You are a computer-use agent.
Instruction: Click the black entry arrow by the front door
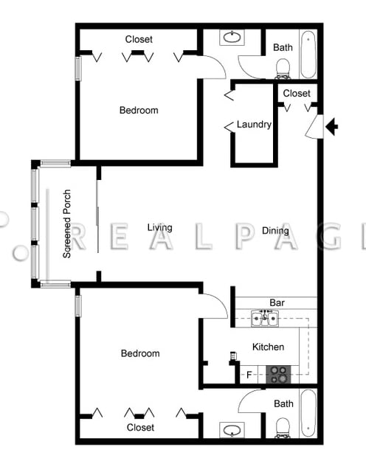331,127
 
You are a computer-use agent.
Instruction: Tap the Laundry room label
254,125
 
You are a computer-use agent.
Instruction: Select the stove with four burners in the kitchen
278,374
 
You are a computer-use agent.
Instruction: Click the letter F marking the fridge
249,375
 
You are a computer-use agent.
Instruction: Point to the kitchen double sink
264,318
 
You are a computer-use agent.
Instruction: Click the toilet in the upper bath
283,69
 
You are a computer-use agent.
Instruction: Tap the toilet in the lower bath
283,428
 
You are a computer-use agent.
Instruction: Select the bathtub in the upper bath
308,55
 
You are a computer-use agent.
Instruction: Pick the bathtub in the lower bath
308,413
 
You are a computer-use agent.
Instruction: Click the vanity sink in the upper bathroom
232,37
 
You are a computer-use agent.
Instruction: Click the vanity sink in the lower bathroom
232,430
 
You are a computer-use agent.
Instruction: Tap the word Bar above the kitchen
277,302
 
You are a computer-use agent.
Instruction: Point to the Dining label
275,230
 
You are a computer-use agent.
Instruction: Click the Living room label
160,227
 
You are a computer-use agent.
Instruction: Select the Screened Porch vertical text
67,223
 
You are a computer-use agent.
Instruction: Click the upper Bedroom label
139,110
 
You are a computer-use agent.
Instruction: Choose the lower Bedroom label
140,353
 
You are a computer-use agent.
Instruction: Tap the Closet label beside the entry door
297,93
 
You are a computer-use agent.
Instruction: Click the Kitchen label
268,347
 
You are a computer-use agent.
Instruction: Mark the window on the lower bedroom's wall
78,306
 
